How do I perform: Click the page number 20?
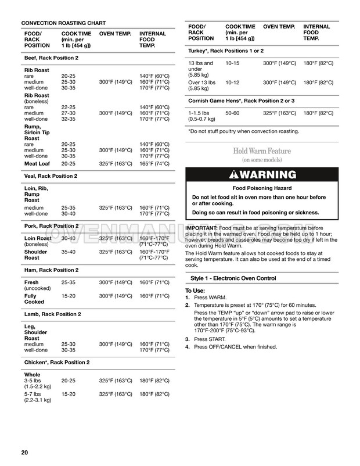click(x=24, y=453)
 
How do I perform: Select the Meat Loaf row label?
click(x=36, y=164)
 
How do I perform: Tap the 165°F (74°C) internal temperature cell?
click(x=154, y=164)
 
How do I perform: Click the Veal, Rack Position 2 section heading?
click(x=51, y=176)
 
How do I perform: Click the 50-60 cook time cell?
click(x=232, y=113)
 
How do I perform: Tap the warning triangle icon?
click(x=234, y=175)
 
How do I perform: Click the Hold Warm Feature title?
click(x=262, y=151)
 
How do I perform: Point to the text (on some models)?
click(x=262, y=160)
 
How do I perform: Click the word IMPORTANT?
click(x=201, y=228)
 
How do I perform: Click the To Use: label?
click(x=195, y=291)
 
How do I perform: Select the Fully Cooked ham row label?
click(x=34, y=299)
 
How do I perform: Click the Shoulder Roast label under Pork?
click(x=36, y=255)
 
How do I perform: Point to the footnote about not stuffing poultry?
click(x=243, y=131)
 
